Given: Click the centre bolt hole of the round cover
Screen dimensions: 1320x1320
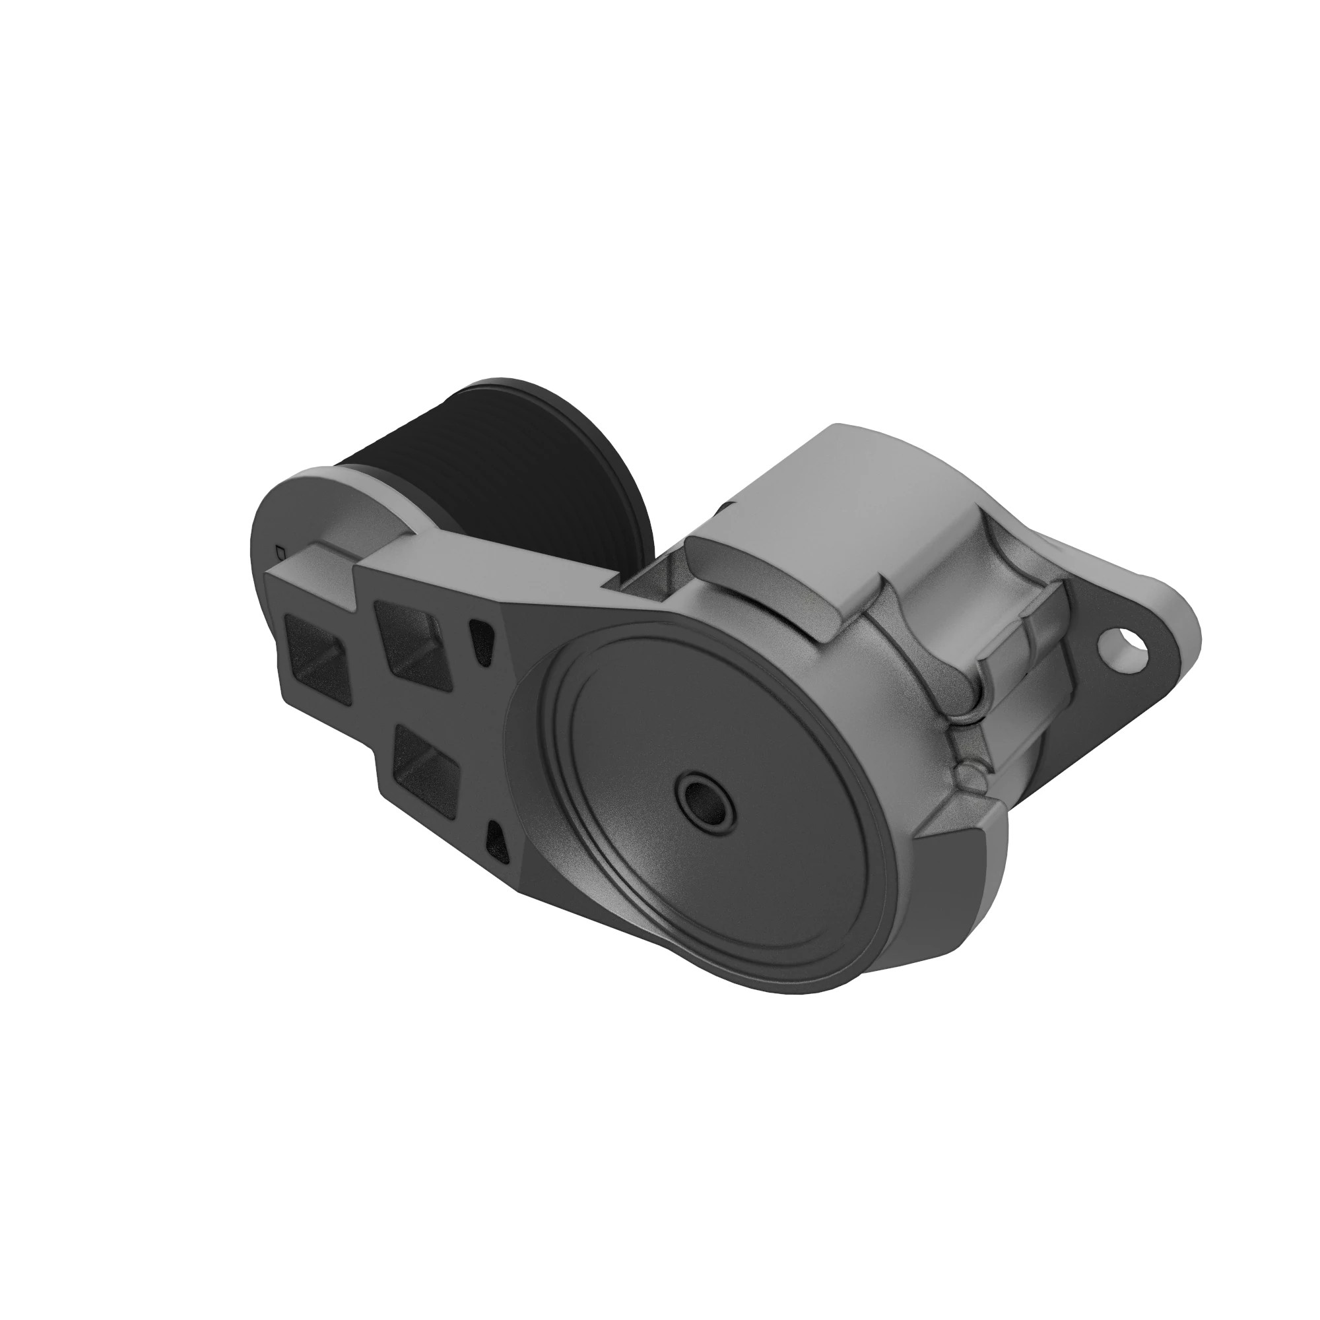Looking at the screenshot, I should coord(704,797).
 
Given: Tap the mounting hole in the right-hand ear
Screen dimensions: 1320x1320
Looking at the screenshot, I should coord(1120,643).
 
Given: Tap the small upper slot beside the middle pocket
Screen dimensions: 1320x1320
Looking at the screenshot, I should coord(481,639).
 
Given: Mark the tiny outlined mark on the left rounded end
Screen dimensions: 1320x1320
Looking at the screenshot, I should coord(279,549).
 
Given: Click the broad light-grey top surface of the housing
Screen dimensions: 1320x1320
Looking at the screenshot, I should coord(840,492).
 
